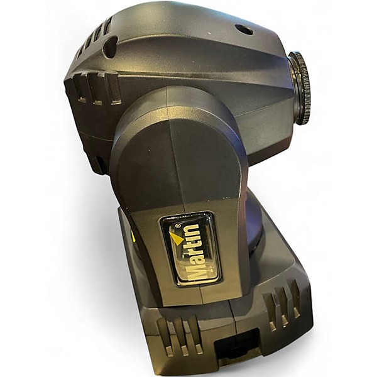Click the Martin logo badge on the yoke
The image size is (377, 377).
point(190,249)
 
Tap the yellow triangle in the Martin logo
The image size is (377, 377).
point(176,238)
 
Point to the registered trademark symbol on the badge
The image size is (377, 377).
point(178,226)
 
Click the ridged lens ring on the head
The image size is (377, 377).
point(300,87)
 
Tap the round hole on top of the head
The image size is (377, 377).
point(244,30)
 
